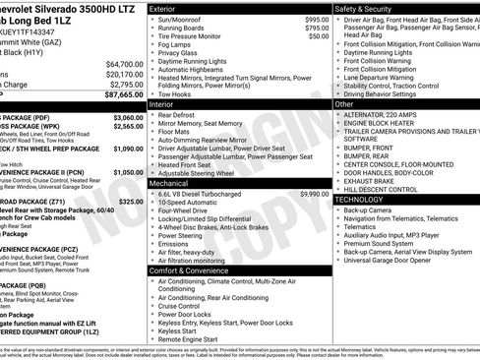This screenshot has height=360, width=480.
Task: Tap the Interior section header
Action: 162,102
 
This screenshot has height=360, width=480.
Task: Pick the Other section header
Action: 345,103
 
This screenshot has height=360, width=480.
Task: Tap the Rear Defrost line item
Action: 178,114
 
